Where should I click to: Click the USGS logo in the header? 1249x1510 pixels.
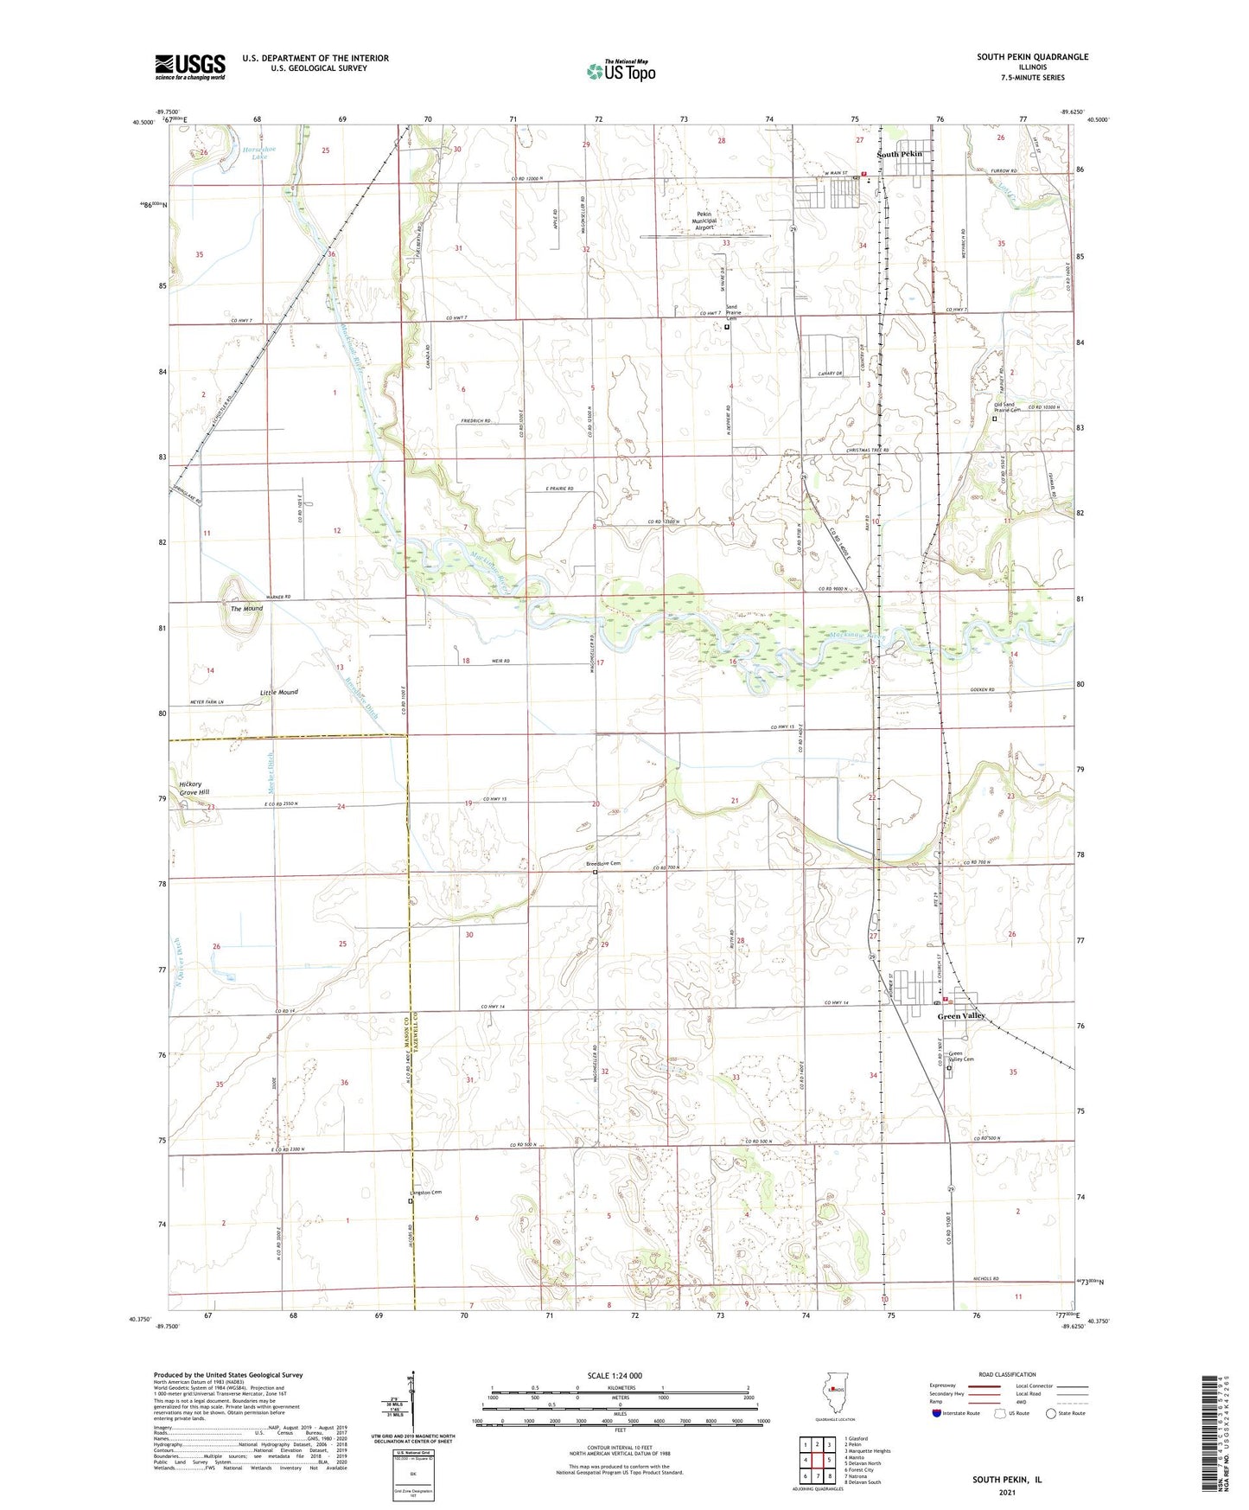point(190,67)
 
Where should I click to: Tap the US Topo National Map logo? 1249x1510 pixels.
point(621,71)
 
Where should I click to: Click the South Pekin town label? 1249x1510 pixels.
point(900,154)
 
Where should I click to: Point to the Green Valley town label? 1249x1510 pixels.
point(961,1016)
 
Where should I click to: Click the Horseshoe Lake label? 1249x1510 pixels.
point(259,153)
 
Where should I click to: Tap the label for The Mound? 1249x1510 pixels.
point(246,609)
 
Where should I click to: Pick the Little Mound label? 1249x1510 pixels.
point(278,693)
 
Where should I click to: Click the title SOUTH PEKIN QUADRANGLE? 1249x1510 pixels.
point(1032,57)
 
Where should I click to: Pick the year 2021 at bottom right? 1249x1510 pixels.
point(1007,1492)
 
